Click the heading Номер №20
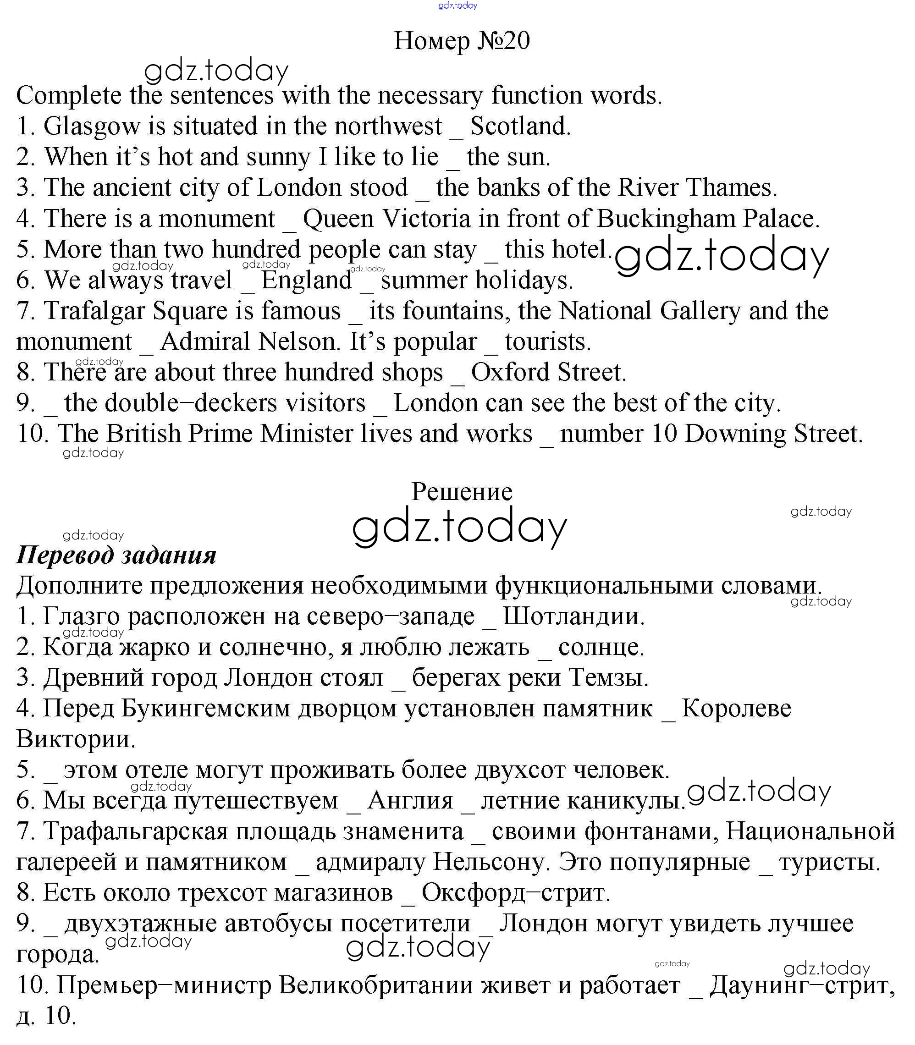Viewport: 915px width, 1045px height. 462,40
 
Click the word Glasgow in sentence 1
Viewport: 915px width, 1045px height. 91,126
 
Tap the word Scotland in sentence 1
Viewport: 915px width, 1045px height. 520,126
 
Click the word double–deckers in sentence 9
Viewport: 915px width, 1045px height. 215,403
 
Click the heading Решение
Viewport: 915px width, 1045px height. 462,492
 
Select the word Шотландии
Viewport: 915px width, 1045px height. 573,616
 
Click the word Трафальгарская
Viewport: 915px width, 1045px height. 135,831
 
